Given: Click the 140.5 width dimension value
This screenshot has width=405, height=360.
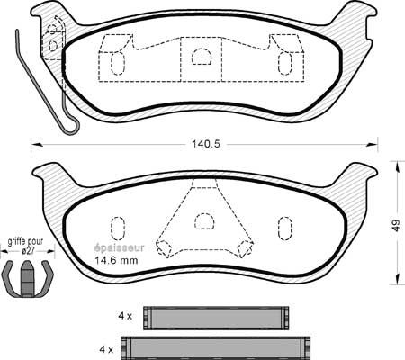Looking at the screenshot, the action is (x=206, y=144).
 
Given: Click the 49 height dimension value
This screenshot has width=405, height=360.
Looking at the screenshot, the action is (x=397, y=226).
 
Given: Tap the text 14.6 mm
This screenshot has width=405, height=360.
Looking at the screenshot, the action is (x=116, y=260).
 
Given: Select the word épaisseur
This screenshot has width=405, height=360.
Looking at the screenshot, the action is (x=120, y=248).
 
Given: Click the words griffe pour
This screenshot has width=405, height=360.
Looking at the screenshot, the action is (x=25, y=241).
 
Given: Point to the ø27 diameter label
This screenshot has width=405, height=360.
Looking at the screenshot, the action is (x=28, y=251).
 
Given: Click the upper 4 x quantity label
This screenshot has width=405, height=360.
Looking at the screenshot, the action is (x=125, y=316).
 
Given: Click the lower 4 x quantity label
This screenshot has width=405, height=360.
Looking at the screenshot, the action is (x=106, y=349).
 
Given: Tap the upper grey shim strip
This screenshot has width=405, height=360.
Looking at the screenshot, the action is (x=216, y=318).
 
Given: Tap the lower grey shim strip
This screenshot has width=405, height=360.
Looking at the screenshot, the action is (x=215, y=348).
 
